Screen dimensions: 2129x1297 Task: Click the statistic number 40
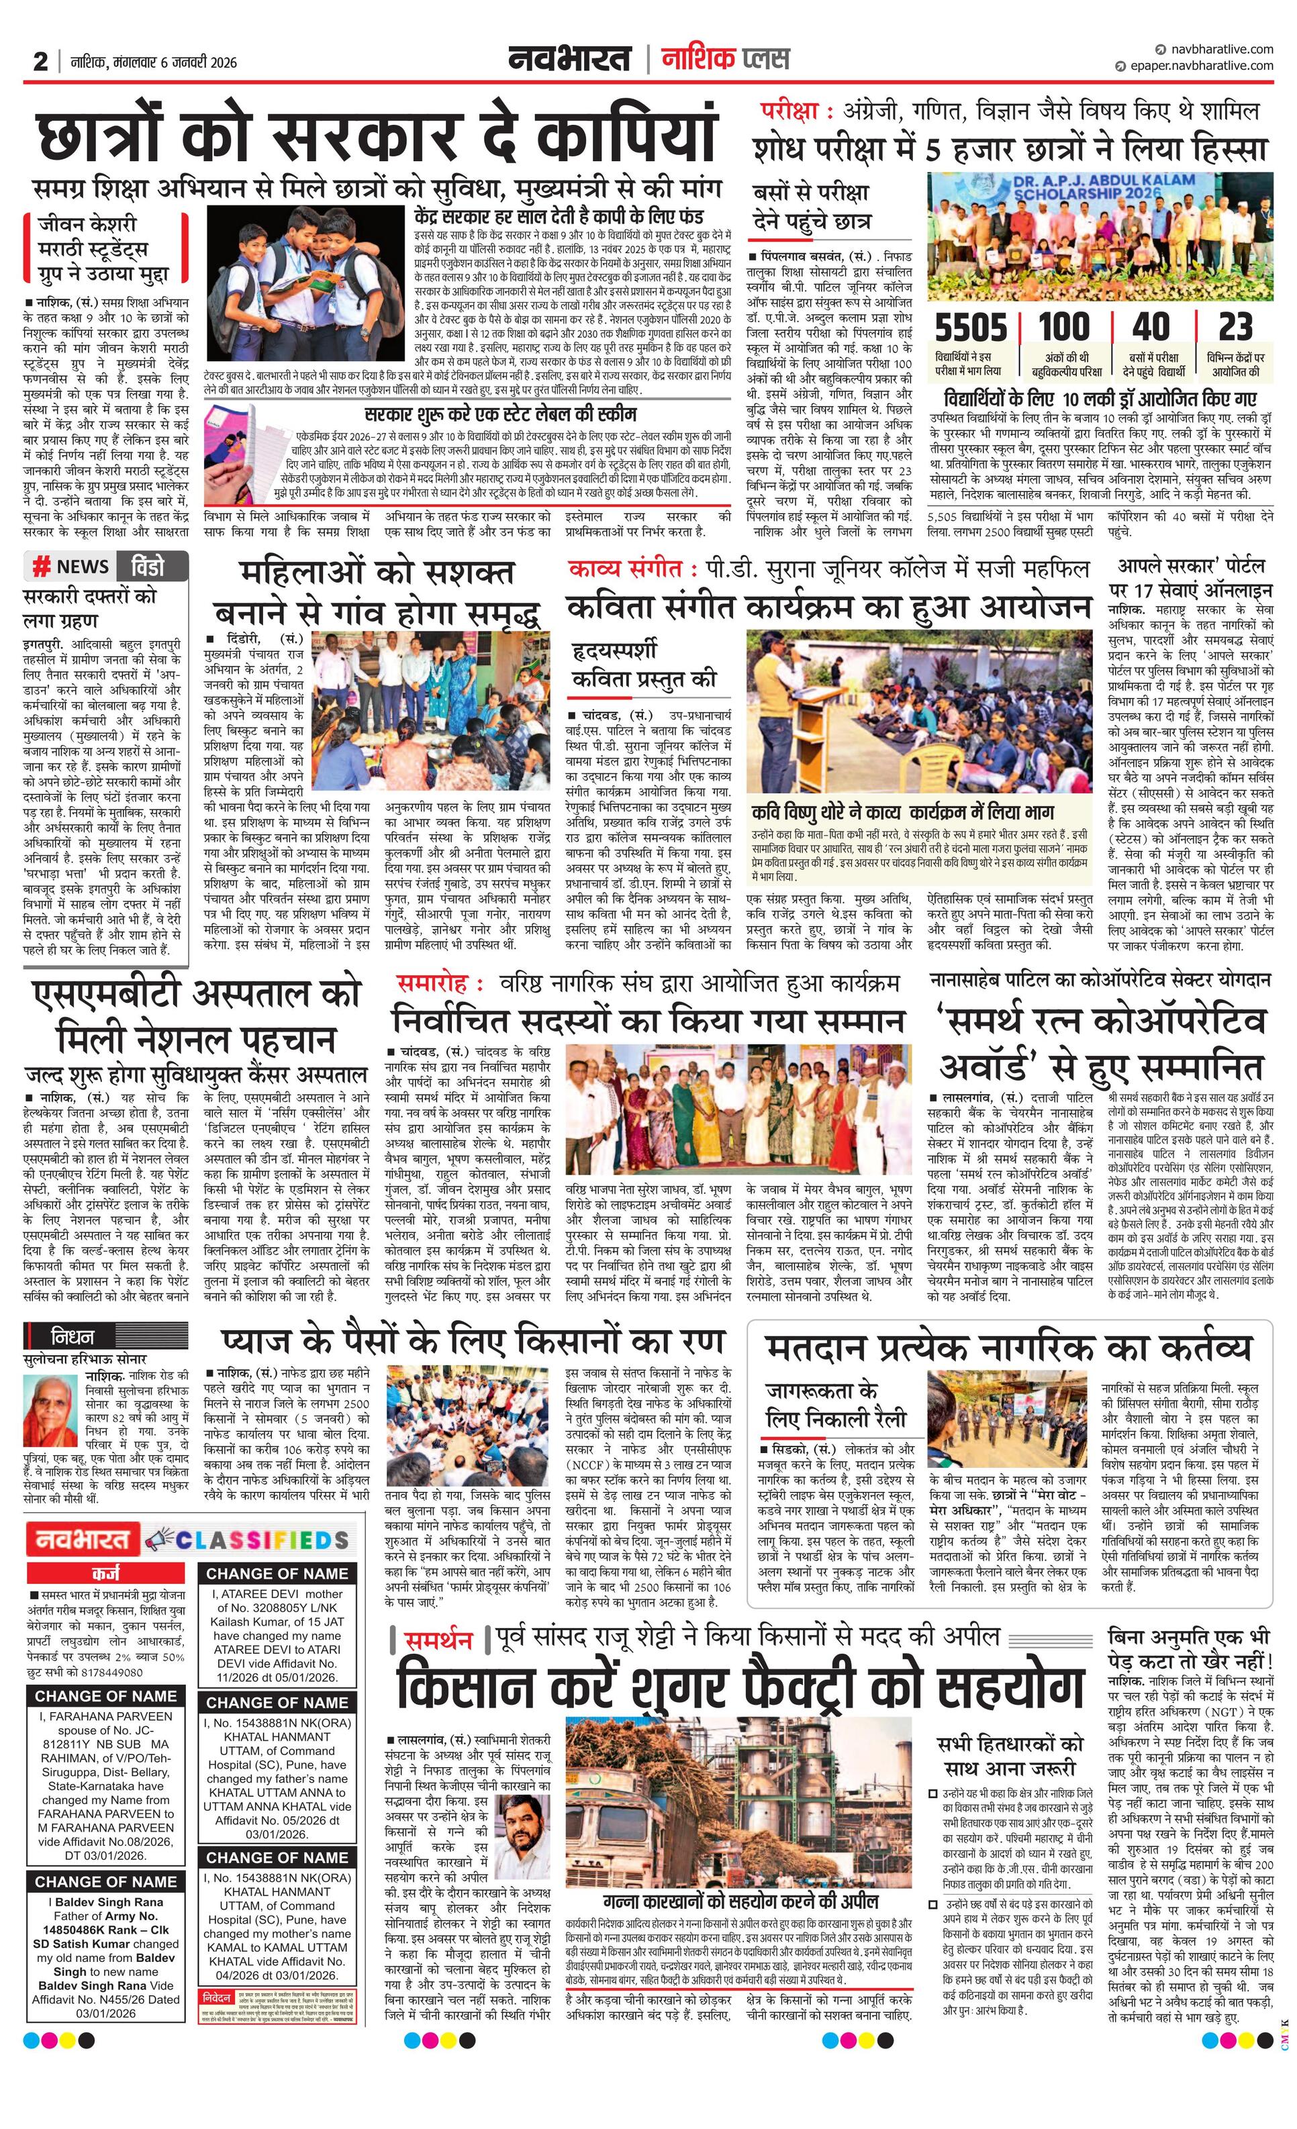[x=1151, y=328]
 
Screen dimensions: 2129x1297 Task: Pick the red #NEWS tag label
[x=71, y=566]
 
